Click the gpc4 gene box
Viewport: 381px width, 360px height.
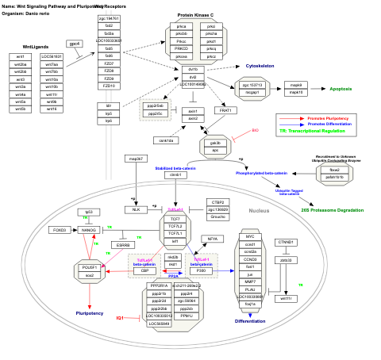click(75, 44)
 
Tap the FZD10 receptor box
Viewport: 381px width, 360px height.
click(109, 86)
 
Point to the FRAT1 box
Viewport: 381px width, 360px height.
click(226, 110)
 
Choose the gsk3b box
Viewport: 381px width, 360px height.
click(215, 144)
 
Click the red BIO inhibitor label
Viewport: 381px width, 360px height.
click(255, 130)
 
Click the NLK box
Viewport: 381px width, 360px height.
click(136, 209)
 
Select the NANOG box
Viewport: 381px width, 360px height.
click(88, 230)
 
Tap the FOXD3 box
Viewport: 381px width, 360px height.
click(59, 230)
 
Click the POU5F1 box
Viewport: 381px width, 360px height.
click(89, 268)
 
